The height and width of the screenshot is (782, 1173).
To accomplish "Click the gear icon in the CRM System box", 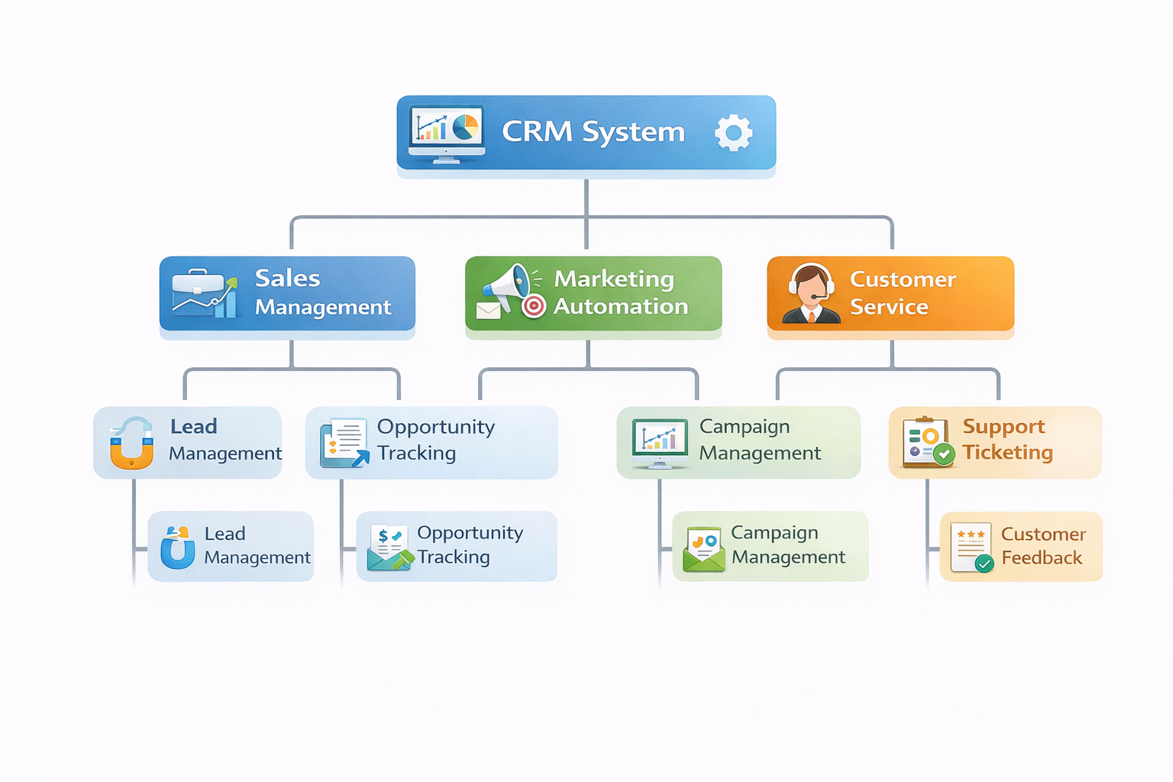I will pos(733,133).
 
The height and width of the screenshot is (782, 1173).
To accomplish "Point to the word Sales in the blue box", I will pos(287,278).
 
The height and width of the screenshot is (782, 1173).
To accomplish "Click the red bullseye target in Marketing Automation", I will pos(534,306).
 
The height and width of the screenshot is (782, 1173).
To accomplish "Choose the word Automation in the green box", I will pos(621,306).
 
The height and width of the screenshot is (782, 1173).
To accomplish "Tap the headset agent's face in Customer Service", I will pos(811,286).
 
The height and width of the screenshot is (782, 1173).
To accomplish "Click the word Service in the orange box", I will pos(889,307).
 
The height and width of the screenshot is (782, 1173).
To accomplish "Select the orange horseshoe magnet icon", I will pos(131,444).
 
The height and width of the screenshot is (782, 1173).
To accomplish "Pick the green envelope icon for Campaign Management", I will pos(703,549).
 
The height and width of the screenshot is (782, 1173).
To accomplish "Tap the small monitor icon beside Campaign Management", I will pos(659,442).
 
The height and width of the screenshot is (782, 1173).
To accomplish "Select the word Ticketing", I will pos(1007,453).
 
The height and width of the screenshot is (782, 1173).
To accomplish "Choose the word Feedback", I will pos(1042,558).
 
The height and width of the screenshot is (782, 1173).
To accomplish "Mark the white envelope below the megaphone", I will pos(488,311).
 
